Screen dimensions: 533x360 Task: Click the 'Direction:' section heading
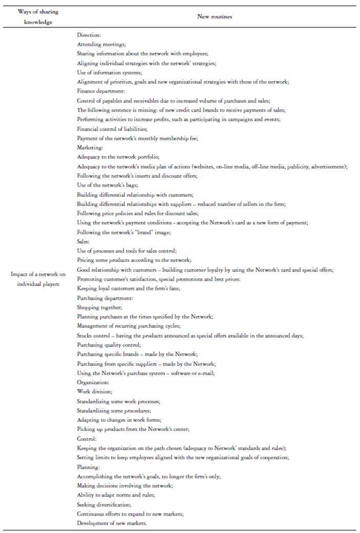pos(89,35)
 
